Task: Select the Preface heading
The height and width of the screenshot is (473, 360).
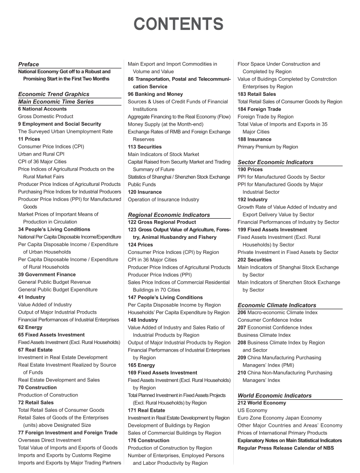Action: pos(28,64)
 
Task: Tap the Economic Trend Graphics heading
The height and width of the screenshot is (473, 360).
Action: pos(53,94)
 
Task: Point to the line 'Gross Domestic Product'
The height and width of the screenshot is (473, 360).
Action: pos(46,117)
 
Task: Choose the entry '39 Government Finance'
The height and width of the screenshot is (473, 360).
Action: pos(47,275)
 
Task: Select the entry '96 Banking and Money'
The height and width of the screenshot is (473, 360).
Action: pos(155,94)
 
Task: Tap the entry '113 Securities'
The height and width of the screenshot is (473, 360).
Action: pos(145,146)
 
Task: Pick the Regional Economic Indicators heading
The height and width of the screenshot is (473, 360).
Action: pos(169,214)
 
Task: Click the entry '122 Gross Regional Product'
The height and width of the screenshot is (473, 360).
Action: pos(162,222)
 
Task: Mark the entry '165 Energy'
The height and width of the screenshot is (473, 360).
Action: pos(142,365)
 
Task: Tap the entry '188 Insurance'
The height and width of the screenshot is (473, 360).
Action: pos(254,139)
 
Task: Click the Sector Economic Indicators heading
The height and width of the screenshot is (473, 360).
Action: pos(275,162)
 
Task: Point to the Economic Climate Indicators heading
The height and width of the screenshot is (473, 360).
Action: pos(277,305)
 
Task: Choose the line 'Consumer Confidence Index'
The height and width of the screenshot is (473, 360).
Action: pos(270,320)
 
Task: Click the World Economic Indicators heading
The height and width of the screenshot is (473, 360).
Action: pos(275,395)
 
